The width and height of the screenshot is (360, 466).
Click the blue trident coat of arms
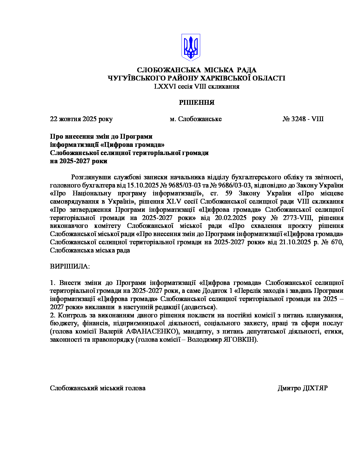pos(191,47)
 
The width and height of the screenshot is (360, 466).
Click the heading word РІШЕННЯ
pos(197,103)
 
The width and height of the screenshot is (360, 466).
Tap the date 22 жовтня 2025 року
pos(81,119)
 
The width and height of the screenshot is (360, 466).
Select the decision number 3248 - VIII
pos(303,119)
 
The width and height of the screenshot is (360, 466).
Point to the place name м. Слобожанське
pos(196,119)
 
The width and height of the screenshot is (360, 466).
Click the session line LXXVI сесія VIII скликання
pos(197,86)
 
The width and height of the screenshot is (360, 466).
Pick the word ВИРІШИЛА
pos(69,266)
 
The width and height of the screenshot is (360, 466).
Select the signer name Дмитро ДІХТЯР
pos(303,388)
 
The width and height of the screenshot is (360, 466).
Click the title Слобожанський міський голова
pos(98,388)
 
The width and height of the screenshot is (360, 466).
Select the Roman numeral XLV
pos(174,202)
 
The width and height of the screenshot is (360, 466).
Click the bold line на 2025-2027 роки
pos(79,161)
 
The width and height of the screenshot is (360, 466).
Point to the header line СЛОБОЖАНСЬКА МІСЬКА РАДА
pos(197,70)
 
